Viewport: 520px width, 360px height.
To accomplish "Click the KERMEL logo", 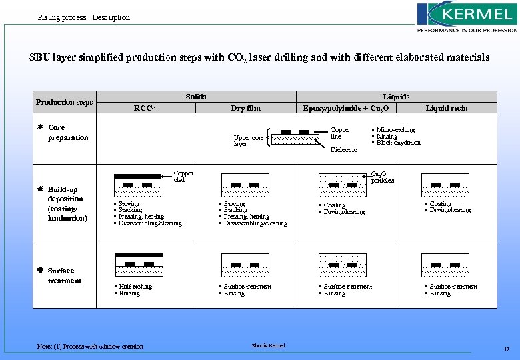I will tap(467, 17).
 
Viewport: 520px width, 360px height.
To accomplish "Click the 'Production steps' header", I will tap(65, 102).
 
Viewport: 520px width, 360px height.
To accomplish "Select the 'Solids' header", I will tap(196, 97).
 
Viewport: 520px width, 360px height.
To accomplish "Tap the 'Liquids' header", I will tap(396, 97).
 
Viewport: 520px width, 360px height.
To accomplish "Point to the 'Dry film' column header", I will tap(245, 108).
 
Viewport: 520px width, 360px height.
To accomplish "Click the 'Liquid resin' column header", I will tap(447, 108).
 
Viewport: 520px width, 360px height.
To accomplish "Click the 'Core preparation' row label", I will tap(67, 133).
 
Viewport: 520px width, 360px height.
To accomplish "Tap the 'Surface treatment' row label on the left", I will tap(64, 276).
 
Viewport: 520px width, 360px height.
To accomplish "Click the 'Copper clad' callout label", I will tap(183, 176).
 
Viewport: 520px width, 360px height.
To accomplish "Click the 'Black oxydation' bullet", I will tap(399, 143).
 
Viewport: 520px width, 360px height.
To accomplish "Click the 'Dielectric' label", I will tap(344, 150).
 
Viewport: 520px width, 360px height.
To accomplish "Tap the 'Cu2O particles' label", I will tap(382, 177).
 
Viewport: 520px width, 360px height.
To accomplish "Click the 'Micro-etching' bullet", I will tap(395, 130).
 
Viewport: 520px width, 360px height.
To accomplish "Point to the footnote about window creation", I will tap(90, 346).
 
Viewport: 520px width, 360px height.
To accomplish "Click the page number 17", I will tap(507, 349).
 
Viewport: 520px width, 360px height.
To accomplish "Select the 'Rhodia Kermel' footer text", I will tap(268, 345).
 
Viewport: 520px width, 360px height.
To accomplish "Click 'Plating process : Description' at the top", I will tap(84, 17).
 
